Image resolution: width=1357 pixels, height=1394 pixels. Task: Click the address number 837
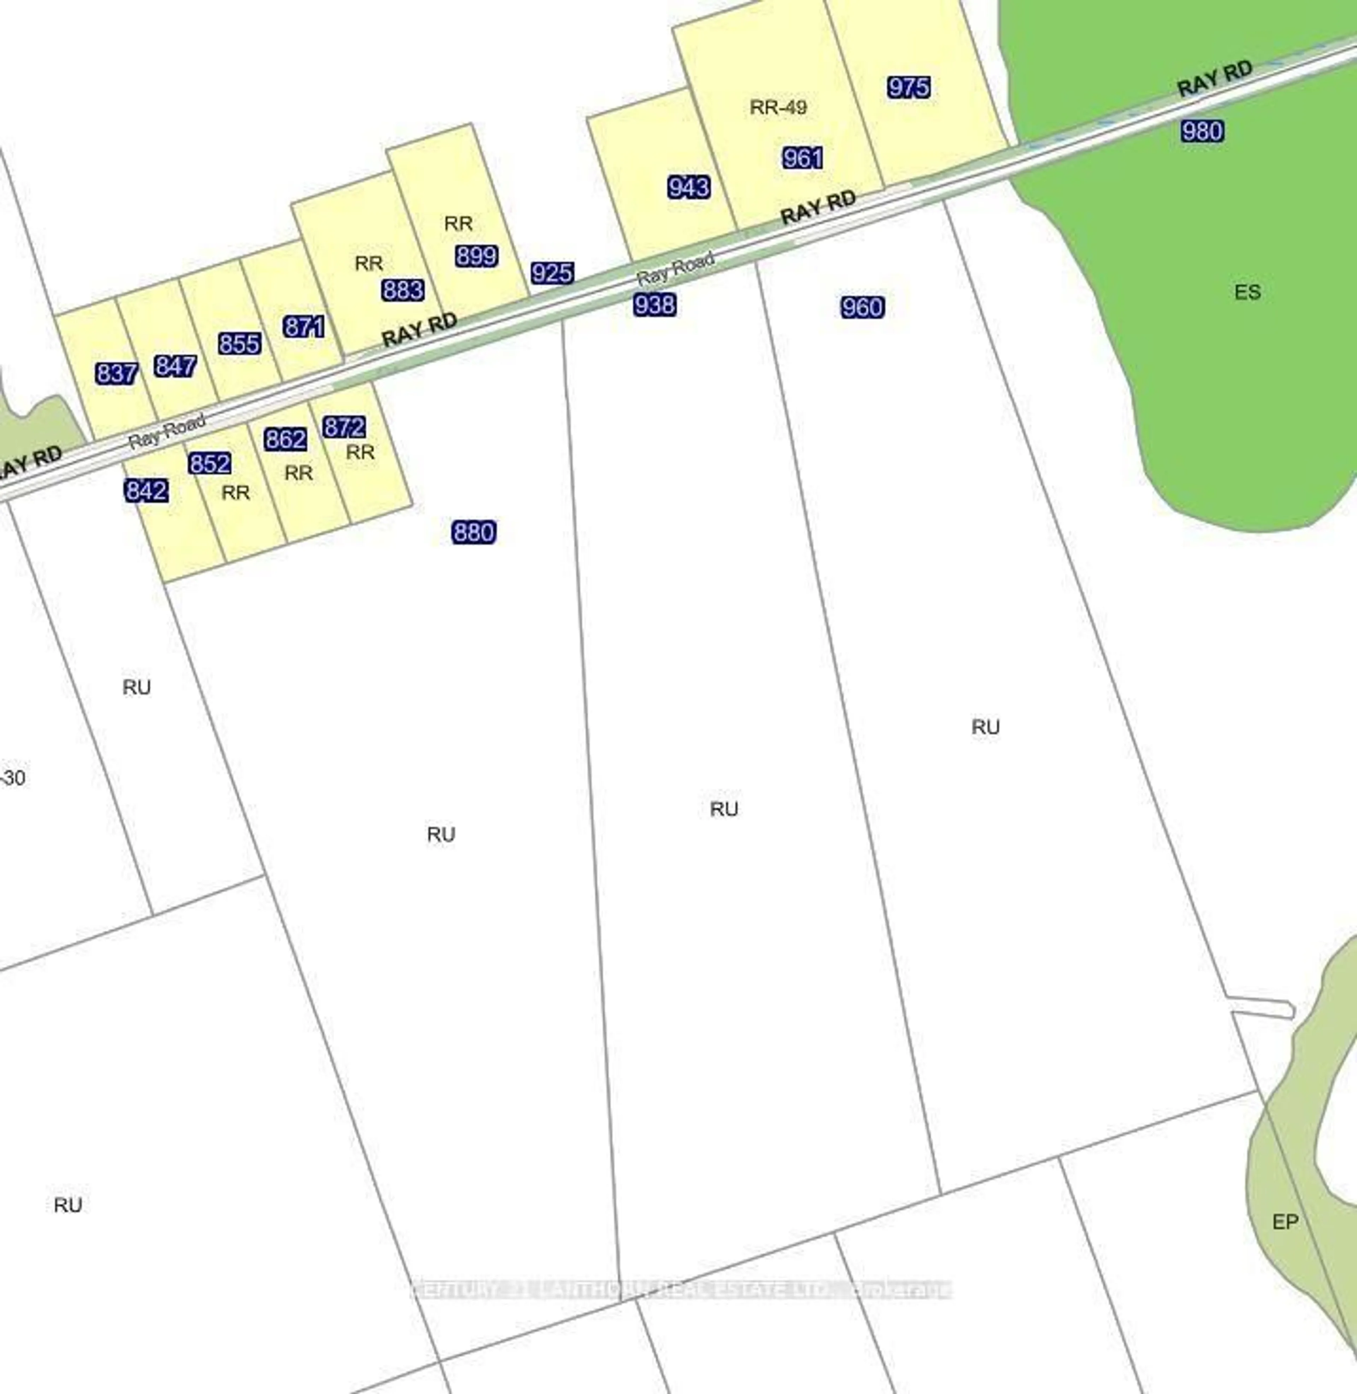click(116, 373)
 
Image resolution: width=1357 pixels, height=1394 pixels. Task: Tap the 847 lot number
click(175, 366)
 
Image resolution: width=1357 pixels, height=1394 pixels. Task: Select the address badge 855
click(240, 344)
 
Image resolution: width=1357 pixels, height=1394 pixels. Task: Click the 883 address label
click(403, 290)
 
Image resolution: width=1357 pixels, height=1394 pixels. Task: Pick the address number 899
click(476, 256)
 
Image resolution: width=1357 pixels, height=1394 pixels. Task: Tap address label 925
click(552, 273)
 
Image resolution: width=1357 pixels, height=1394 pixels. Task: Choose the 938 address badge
click(654, 305)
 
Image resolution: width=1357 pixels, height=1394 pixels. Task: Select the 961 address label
click(803, 158)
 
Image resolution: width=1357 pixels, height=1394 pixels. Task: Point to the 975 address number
click(909, 88)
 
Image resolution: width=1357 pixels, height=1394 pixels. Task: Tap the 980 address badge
click(1202, 131)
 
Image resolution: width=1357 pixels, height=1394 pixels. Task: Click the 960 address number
click(862, 307)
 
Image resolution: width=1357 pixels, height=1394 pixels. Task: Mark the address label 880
click(474, 532)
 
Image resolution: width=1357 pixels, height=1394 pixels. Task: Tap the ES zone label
click(1247, 292)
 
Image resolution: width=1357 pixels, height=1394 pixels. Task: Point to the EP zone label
click(1285, 1221)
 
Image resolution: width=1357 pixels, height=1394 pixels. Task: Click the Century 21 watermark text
click(681, 1289)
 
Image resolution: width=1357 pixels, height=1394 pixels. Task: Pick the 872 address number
click(344, 427)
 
